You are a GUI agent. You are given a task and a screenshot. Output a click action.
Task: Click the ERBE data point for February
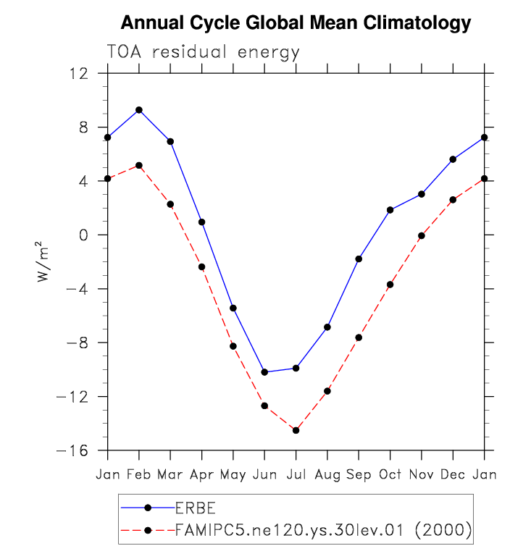pyautogui.click(x=139, y=110)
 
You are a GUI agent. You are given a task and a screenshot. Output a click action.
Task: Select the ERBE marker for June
pyautogui.click(x=264, y=372)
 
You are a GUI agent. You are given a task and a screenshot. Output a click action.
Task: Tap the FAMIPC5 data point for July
pyautogui.click(x=296, y=430)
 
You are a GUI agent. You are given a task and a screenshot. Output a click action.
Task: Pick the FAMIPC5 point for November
pyautogui.click(x=422, y=235)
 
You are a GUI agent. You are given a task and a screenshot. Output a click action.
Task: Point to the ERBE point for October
pyautogui.click(x=390, y=210)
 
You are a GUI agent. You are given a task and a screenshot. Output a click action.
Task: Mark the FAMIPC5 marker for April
pyautogui.click(x=201, y=267)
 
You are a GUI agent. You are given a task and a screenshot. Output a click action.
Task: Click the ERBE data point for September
pyautogui.click(x=359, y=259)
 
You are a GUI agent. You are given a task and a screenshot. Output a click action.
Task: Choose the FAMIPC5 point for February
pyautogui.click(x=139, y=165)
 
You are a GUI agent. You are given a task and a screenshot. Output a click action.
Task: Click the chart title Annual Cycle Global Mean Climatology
pyautogui.click(x=296, y=23)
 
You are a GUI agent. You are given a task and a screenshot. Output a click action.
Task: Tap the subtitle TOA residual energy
pyautogui.click(x=203, y=53)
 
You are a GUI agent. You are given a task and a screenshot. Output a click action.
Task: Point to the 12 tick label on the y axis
pyautogui.click(x=80, y=74)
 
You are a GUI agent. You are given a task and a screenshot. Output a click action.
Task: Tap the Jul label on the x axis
pyautogui.click(x=296, y=474)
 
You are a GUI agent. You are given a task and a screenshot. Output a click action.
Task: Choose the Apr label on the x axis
pyautogui.click(x=201, y=475)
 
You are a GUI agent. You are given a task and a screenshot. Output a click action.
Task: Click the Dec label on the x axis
pyautogui.click(x=453, y=474)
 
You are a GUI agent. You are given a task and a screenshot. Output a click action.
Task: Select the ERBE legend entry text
pyautogui.click(x=196, y=508)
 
